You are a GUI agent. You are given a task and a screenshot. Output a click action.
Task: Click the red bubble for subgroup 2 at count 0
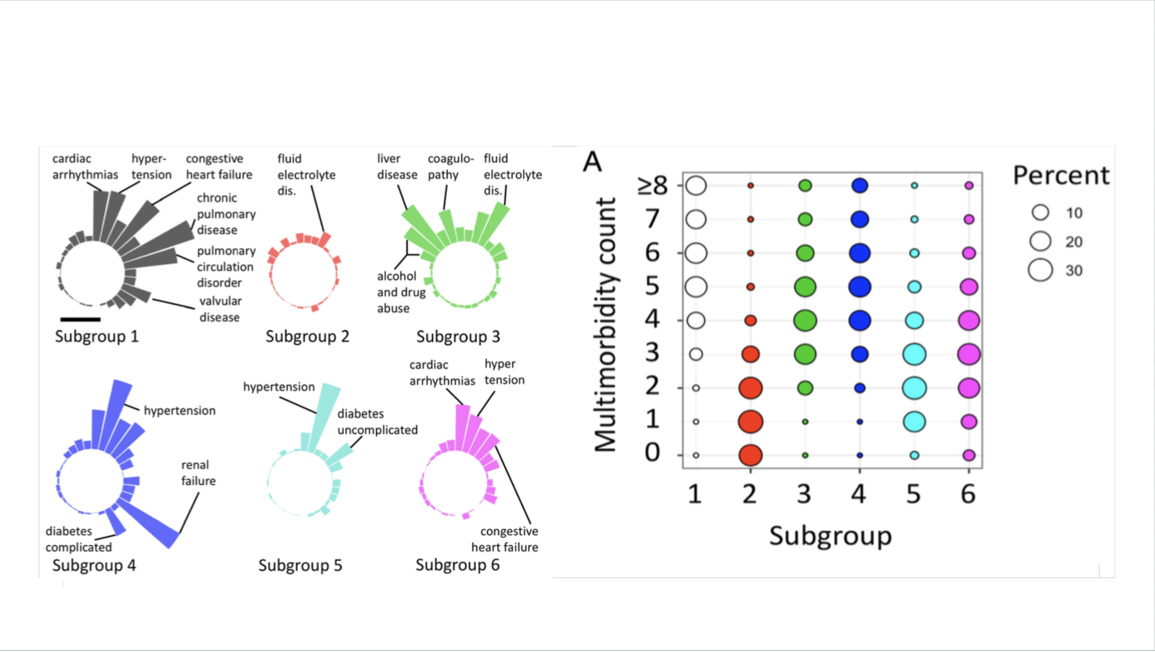[750, 455]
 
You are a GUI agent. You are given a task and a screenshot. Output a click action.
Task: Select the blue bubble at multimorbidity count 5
[859, 287]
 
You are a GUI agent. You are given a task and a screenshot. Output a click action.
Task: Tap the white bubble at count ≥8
[696, 186]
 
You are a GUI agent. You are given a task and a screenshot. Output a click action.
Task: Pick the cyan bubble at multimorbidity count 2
[914, 388]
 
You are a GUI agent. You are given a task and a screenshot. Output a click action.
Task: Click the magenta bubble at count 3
[968, 354]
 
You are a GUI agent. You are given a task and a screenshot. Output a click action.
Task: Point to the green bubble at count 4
[805, 320]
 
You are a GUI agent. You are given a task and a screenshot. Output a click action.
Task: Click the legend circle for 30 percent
[1040, 270]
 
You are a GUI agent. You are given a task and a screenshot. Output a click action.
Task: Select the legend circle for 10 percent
[1040, 212]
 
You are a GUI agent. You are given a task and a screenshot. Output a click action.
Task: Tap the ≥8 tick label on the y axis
[653, 186]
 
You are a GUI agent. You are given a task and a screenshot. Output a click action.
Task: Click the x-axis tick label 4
[859, 494]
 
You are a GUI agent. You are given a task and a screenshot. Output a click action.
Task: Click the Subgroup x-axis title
[830, 536]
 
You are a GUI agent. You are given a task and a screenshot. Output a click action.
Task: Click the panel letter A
[592, 162]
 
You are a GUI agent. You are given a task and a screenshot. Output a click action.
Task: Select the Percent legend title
[1061, 176]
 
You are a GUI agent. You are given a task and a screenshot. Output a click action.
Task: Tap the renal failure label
[198, 473]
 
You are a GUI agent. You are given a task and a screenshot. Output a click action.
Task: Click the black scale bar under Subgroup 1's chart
[80, 319]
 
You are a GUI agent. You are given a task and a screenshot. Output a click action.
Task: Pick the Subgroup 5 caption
[300, 565]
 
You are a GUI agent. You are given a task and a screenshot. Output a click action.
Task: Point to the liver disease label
[397, 167]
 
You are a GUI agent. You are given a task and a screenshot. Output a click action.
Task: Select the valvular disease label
[220, 309]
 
